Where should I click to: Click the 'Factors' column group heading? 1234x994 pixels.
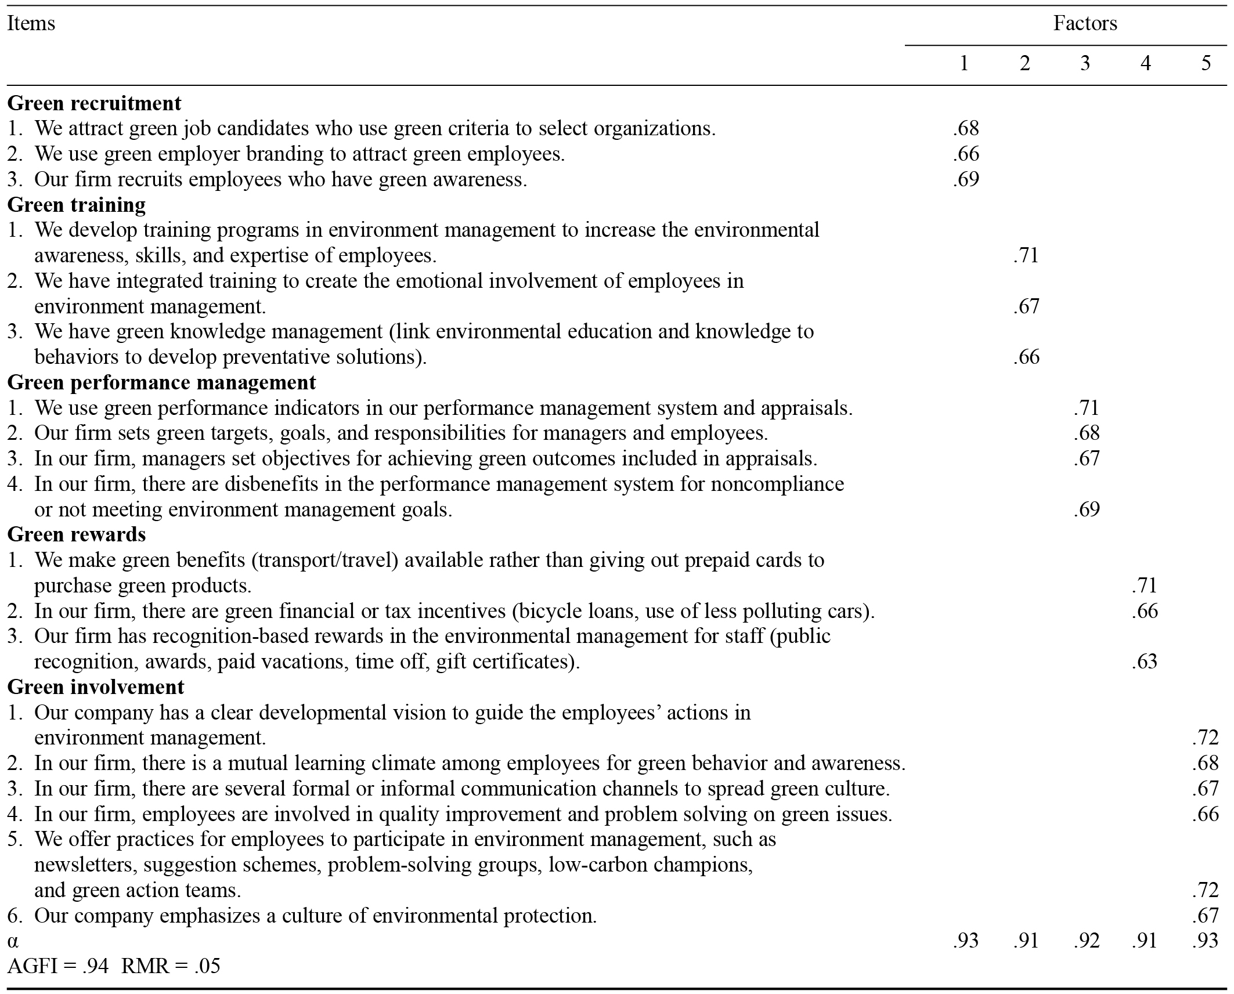point(1085,23)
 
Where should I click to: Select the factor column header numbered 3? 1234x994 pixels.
point(1085,63)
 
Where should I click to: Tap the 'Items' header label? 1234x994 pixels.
point(31,23)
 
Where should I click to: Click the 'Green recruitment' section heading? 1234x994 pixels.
point(94,103)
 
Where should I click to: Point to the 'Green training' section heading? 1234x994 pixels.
point(76,205)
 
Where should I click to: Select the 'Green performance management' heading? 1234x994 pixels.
point(161,382)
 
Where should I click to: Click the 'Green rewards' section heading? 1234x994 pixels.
point(76,534)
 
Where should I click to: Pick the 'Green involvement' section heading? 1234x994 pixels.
point(95,687)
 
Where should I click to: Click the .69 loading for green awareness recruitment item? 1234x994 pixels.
point(966,179)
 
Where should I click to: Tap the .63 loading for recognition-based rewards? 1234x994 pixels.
point(1144,662)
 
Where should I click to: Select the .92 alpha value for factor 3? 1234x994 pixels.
point(1086,941)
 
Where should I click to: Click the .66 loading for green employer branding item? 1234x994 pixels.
point(966,154)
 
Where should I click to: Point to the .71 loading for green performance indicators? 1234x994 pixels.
point(1086,408)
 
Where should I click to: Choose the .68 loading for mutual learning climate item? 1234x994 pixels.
point(1205,763)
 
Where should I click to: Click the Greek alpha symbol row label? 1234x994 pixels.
point(13,941)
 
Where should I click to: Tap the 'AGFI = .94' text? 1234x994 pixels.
point(58,966)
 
